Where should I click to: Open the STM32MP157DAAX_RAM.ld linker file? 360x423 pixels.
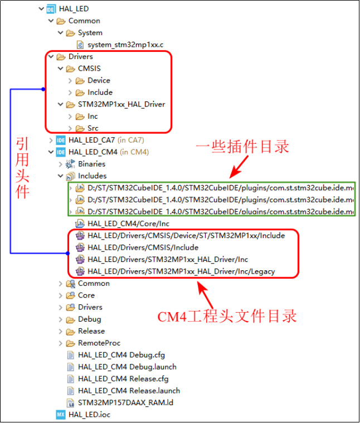[120, 402]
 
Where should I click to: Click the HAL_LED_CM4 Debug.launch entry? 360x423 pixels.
[127, 367]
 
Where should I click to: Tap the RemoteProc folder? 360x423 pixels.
[99, 343]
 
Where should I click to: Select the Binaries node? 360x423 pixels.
[91, 164]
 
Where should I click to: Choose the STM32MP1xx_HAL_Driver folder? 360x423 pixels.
[121, 104]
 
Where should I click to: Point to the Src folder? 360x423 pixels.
[93, 128]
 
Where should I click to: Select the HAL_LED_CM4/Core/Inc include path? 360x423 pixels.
[128, 223]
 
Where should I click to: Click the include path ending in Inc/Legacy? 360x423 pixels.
[181, 271]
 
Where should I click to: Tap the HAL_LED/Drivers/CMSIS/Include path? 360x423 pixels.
[143, 247]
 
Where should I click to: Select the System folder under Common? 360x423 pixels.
[90, 33]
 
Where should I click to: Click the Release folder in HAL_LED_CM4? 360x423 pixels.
[91, 331]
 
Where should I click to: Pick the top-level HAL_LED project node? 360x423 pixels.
[73, 9]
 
